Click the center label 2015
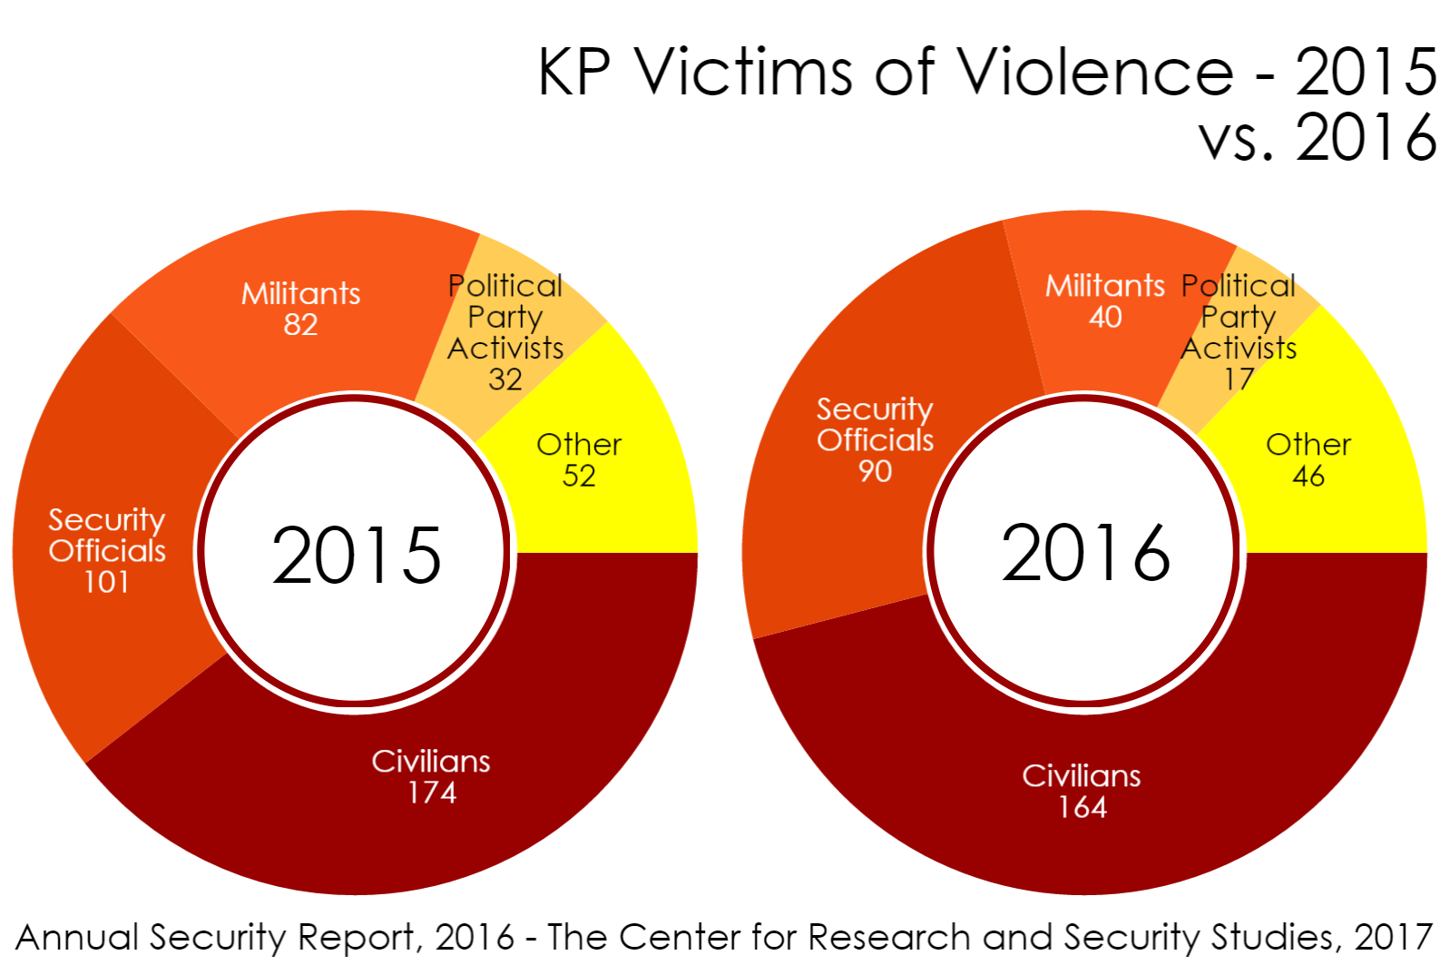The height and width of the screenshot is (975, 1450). [x=356, y=555]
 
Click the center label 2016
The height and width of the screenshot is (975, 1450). [x=1085, y=553]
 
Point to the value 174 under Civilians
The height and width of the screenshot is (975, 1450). [x=432, y=793]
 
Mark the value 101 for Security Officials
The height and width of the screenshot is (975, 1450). [x=107, y=582]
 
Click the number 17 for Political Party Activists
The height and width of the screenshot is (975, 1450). [x=1239, y=379]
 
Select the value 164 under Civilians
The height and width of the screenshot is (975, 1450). [x=1083, y=807]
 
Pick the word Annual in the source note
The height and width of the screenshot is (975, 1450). [x=78, y=938]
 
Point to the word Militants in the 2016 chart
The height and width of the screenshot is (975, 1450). [x=1104, y=286]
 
